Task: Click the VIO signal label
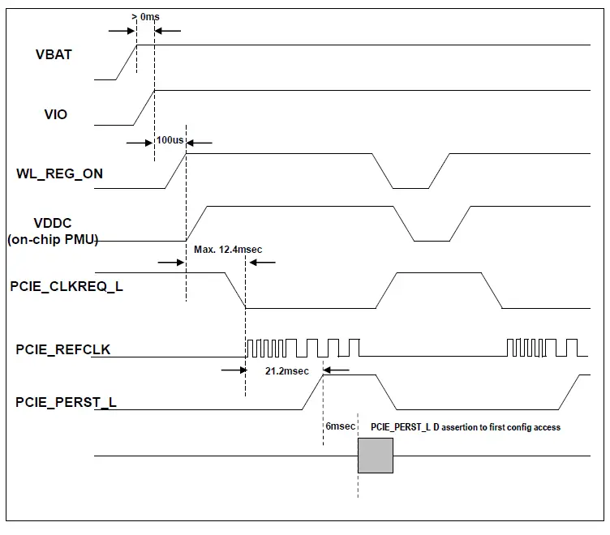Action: [55, 114]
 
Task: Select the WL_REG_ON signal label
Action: [59, 173]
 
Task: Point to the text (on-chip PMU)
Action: [53, 239]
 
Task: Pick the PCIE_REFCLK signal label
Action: [63, 349]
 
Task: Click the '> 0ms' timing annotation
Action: [146, 16]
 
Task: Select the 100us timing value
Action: [170, 140]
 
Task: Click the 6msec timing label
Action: [339, 426]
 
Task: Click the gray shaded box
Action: [375, 455]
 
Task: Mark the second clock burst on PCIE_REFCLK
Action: [543, 348]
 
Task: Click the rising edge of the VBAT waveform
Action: [126, 62]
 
